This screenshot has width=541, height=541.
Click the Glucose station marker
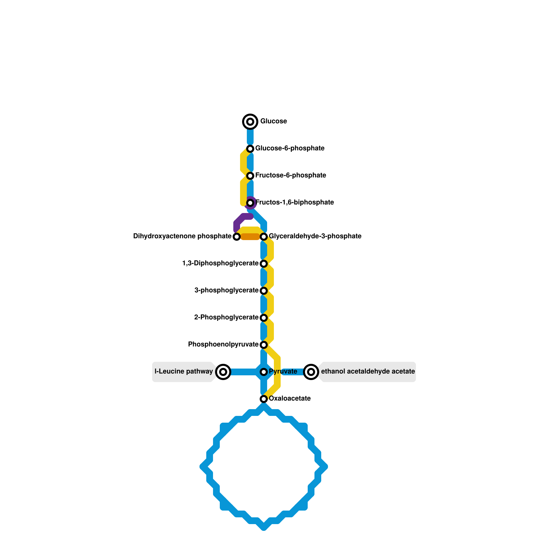(250, 121)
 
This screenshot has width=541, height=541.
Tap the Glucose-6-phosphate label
(290, 148)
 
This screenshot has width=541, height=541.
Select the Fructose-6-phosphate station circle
(250, 175)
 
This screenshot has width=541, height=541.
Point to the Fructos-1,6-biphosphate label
(295, 203)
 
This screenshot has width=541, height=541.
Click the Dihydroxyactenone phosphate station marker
(237, 236)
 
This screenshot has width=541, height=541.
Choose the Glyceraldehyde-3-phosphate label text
(315, 236)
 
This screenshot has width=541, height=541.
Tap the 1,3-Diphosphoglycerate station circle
(264, 263)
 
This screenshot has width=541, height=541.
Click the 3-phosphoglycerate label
(226, 290)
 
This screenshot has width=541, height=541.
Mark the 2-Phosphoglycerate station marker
(264, 317)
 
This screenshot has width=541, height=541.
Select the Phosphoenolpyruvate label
(223, 345)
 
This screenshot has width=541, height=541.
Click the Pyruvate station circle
(264, 372)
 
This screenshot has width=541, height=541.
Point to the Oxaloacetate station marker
(264, 399)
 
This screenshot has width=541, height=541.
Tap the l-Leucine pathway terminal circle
(223, 372)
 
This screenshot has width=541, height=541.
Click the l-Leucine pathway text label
(184, 372)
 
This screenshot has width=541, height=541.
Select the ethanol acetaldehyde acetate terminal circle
(311, 372)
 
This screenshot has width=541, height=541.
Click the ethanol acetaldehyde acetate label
(368, 372)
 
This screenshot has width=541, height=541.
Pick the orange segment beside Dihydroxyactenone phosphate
(250, 237)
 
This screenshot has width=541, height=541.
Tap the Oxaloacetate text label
(290, 399)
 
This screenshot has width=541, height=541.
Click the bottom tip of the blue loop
(264, 527)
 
